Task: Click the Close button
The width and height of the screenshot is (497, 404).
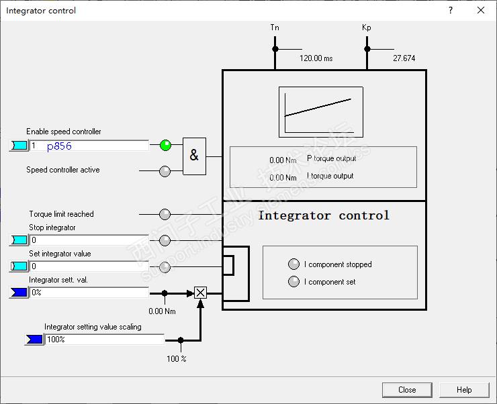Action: pos(407,390)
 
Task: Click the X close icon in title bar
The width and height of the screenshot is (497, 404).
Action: pos(481,10)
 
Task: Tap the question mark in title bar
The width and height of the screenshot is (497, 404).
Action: pos(451,10)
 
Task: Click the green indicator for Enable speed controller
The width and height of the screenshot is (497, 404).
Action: pos(165,145)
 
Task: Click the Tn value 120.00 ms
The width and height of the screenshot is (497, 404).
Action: pos(316,58)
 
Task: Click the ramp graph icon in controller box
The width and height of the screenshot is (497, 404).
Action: pos(321,112)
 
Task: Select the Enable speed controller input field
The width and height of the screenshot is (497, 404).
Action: pos(89,146)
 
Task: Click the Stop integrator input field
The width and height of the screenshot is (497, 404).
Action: pos(89,240)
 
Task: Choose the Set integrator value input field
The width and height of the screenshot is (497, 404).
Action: pos(89,266)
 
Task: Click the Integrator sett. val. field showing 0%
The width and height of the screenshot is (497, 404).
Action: pos(89,293)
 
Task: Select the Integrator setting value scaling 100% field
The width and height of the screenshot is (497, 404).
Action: pos(104,340)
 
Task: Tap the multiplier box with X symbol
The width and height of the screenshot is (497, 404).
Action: pos(200,293)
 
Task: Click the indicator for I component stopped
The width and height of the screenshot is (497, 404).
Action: pos(293,264)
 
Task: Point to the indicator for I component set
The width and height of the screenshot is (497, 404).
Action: pos(293,282)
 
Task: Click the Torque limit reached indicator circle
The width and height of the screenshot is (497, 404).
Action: pos(165,214)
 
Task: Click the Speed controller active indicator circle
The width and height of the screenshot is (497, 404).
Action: pos(165,171)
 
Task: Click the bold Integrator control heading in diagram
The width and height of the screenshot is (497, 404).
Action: pos(324,215)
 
